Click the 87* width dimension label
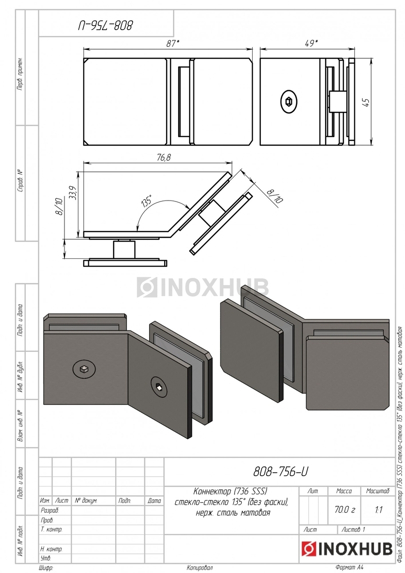(x=173, y=43)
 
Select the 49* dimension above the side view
(x=311, y=43)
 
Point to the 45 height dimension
(x=366, y=102)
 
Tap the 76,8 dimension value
(x=164, y=158)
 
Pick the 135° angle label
(x=147, y=200)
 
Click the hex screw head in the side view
(x=289, y=102)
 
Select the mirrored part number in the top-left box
(x=106, y=25)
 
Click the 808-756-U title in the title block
(x=280, y=471)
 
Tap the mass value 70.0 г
(x=344, y=509)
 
